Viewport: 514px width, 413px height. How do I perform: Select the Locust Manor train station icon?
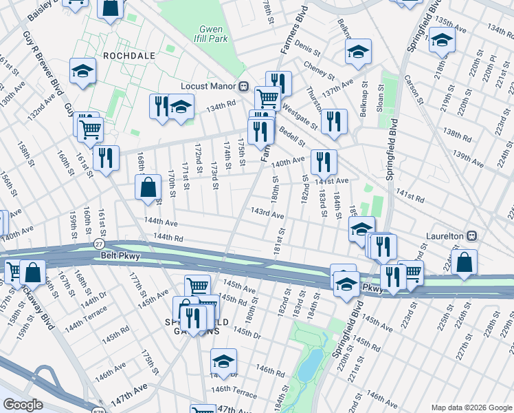pyautogui.click(x=243, y=87)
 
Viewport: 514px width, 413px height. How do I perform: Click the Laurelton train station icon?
pyautogui.click(x=471, y=235)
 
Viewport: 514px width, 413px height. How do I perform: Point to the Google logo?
pyautogui.click(x=23, y=405)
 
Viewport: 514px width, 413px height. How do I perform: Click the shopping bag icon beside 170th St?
pyautogui.click(x=148, y=187)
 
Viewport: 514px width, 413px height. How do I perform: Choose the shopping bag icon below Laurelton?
pyautogui.click(x=465, y=262)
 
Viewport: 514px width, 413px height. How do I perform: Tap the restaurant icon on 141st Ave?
pyautogui.click(x=323, y=162)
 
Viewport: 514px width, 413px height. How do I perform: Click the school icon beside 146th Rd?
pyautogui.click(x=223, y=361)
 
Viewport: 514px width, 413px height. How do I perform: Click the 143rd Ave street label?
pyautogui.click(x=267, y=213)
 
